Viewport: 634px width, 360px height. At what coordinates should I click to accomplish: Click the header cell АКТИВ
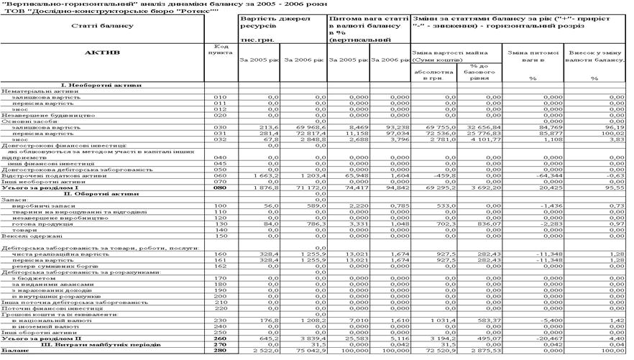(x=102, y=52)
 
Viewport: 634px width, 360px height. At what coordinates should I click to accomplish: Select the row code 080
(x=220, y=188)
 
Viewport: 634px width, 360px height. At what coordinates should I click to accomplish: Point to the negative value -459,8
(x=438, y=175)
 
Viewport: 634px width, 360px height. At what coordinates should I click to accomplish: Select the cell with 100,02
(x=614, y=132)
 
